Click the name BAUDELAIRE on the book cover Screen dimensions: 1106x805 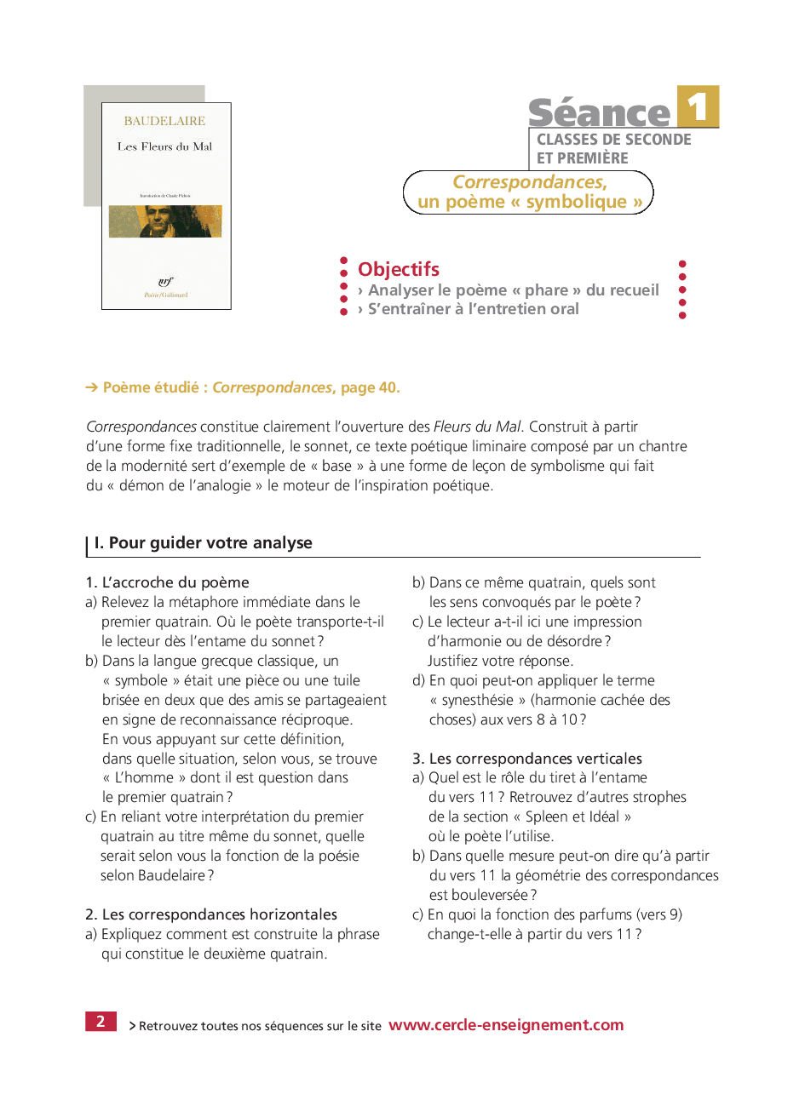coord(164,121)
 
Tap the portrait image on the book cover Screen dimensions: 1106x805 coord(165,221)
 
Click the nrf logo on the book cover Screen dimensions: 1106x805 coord(165,282)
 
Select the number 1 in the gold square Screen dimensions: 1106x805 coord(699,107)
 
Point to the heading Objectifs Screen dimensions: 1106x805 coord(399,269)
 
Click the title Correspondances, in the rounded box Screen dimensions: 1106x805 coord(529,182)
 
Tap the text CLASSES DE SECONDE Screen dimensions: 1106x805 coord(613,140)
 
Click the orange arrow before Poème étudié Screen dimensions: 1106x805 coord(92,387)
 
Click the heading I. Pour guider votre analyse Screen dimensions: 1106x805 coord(203,543)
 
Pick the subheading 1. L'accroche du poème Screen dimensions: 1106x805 coord(167,582)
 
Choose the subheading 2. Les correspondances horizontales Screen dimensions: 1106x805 coord(210,914)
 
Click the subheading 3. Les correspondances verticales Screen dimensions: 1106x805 coord(526,759)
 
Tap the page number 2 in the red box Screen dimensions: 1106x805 coord(101,1022)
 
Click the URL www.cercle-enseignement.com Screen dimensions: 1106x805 coord(506,1025)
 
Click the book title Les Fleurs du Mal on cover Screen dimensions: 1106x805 coord(164,146)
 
